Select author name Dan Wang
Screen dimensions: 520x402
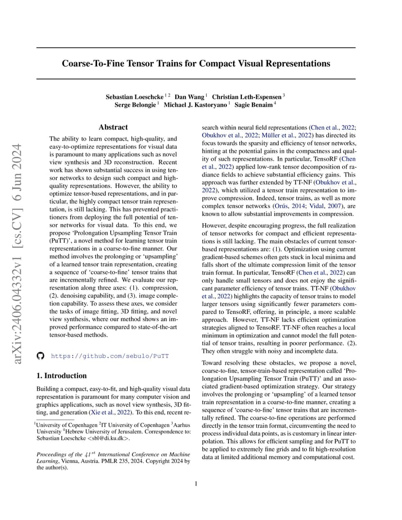click(x=189, y=97)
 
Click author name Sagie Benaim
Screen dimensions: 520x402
click(x=261, y=105)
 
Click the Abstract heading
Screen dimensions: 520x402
click(x=113, y=128)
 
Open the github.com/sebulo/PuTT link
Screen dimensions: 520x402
click(x=110, y=356)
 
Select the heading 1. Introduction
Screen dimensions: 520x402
click(x=62, y=375)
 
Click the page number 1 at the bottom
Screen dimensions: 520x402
click(x=196, y=483)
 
